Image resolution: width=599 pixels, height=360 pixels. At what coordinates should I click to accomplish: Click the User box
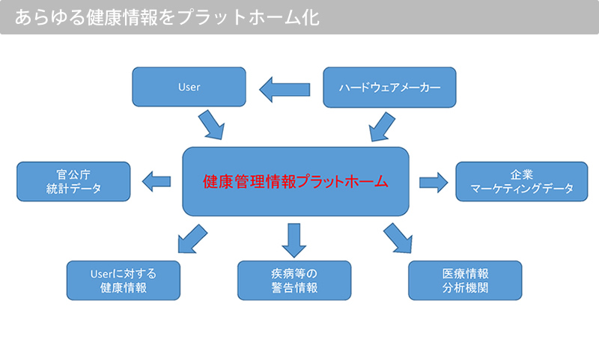(x=189, y=87)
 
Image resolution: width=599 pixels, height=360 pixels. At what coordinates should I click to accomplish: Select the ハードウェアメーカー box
(x=389, y=88)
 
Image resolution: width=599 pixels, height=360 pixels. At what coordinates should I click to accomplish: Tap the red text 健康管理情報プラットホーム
(x=295, y=182)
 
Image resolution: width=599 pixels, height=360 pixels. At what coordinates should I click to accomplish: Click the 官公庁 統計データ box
(x=73, y=181)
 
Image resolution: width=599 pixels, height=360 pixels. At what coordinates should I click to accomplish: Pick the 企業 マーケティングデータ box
(x=522, y=181)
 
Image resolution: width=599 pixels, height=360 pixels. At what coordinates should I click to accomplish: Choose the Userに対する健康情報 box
(x=124, y=281)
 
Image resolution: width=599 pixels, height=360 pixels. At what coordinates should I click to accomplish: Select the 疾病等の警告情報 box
(x=294, y=281)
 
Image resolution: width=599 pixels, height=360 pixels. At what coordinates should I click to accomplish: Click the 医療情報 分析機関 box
(x=465, y=281)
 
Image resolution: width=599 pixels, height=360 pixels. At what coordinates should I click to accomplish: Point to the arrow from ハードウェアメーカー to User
(x=285, y=89)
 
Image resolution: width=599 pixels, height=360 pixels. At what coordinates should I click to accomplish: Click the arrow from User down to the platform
(x=211, y=124)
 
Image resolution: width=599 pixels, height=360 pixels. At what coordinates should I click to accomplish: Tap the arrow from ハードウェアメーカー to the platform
(x=382, y=126)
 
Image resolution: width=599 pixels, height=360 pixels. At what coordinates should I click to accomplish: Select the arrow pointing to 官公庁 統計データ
(x=156, y=181)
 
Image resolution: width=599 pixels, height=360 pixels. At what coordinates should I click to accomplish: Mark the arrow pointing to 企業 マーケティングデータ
(x=434, y=183)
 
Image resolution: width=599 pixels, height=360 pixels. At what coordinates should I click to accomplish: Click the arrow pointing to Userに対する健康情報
(x=192, y=239)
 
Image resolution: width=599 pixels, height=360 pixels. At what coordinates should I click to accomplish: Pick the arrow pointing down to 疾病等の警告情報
(x=294, y=240)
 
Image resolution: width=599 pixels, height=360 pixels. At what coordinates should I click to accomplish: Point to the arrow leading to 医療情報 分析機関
(x=398, y=238)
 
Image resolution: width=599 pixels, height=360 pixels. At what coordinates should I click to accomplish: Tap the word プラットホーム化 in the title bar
(x=249, y=17)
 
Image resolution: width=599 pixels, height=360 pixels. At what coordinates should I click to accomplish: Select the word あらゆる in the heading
(x=49, y=17)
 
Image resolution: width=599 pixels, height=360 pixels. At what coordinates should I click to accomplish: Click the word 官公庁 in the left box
(x=73, y=175)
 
